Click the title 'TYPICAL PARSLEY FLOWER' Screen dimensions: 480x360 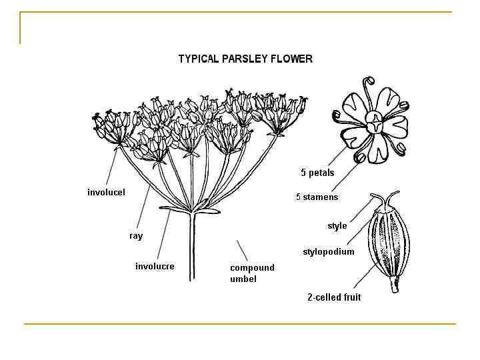(245, 59)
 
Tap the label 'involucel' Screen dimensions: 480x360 (106, 193)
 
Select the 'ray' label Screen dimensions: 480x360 (136, 236)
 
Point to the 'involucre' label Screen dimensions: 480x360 (155, 266)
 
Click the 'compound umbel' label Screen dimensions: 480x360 (252, 273)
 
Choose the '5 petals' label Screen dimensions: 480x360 (317, 173)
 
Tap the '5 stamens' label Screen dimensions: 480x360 (317, 197)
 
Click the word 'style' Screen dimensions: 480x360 (337, 226)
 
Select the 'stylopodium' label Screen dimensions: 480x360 (329, 252)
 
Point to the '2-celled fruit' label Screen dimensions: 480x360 (334, 297)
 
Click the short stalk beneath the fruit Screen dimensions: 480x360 (394, 287)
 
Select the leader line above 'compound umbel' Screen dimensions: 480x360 (242, 250)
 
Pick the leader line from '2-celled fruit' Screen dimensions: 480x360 (365, 277)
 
